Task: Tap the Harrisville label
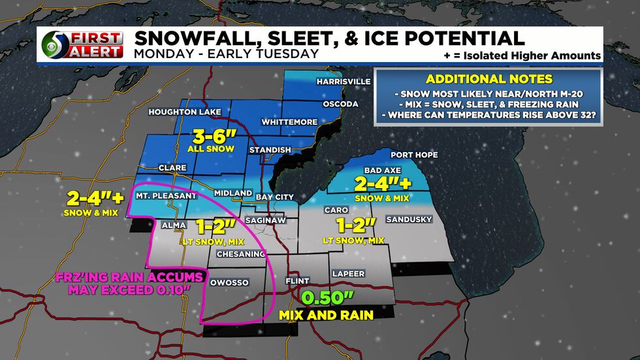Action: coord(343,82)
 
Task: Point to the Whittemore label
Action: coord(289,122)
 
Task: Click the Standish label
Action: coord(269,150)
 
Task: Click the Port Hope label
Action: coord(414,155)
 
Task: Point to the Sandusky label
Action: coord(409,220)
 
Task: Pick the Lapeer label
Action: coord(348,273)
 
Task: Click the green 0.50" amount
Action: coord(327,299)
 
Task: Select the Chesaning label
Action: coord(239,254)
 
